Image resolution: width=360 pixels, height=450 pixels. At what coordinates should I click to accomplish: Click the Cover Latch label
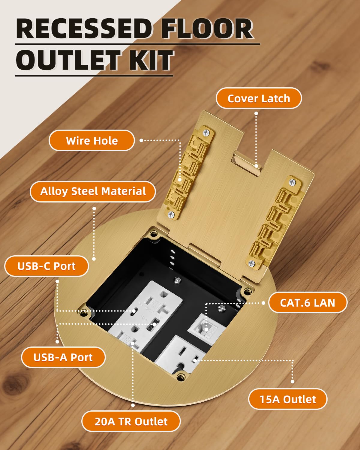(x=259, y=98)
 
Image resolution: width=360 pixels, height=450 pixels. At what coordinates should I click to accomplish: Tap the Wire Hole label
(x=91, y=141)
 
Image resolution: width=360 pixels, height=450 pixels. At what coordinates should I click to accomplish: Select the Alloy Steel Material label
(x=93, y=191)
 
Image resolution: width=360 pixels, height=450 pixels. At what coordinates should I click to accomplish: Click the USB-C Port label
(x=46, y=266)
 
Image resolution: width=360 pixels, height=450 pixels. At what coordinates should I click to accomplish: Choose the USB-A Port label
(x=63, y=357)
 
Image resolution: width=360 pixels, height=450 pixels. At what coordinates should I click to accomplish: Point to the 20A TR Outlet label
(x=131, y=421)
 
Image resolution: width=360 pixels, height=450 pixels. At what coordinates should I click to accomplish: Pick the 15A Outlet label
(x=288, y=399)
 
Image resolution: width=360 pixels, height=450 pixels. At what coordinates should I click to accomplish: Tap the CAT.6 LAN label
(x=307, y=303)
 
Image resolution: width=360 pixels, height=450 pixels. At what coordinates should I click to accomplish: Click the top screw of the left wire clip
(x=206, y=132)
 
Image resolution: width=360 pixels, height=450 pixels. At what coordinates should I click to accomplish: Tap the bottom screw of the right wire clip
(x=251, y=263)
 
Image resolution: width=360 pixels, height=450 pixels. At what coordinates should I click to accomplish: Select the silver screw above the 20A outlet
(x=178, y=280)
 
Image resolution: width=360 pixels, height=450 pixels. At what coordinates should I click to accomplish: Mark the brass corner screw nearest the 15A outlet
(x=180, y=377)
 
